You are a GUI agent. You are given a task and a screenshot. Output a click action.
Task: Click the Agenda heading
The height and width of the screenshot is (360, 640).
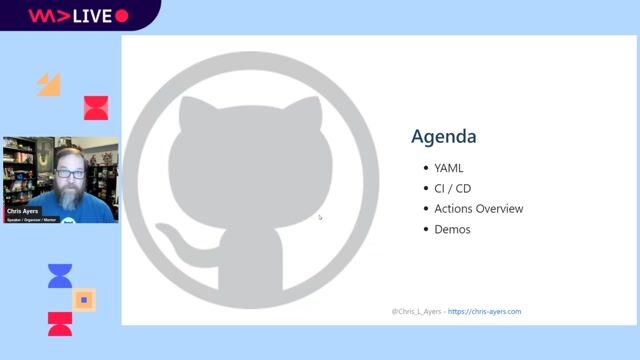tap(444, 137)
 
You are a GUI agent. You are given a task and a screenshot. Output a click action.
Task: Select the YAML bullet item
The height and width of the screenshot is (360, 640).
tap(449, 168)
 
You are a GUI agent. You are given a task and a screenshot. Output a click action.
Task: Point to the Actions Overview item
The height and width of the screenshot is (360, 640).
tap(478, 209)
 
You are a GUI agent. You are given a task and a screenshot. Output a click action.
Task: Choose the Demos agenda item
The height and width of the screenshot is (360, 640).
tap(452, 229)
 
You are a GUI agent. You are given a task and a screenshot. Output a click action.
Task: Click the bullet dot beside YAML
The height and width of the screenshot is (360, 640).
tap(426, 168)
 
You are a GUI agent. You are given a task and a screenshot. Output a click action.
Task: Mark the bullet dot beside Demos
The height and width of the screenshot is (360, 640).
tap(426, 229)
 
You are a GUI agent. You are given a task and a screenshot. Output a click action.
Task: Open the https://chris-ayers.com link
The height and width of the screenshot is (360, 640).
tap(484, 311)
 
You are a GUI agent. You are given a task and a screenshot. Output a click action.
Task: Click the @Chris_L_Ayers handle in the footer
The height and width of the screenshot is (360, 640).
tap(416, 311)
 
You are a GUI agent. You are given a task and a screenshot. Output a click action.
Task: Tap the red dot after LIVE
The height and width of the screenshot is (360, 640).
tap(122, 16)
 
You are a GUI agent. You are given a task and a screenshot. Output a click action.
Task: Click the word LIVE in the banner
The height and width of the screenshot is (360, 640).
tap(91, 16)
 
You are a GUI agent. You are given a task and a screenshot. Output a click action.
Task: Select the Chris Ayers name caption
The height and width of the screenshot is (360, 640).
tap(22, 211)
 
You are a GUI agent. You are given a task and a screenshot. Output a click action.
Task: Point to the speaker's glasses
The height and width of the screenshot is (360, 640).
tap(70, 174)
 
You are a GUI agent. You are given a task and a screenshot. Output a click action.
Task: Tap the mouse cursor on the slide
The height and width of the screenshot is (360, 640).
tap(320, 216)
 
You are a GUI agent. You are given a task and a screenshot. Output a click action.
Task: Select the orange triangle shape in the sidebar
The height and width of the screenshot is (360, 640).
tap(49, 84)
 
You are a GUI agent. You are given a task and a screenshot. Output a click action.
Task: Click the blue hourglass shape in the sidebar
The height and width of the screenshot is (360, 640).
tap(60, 276)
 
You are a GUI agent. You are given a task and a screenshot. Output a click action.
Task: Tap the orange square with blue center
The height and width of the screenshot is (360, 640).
tap(85, 299)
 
